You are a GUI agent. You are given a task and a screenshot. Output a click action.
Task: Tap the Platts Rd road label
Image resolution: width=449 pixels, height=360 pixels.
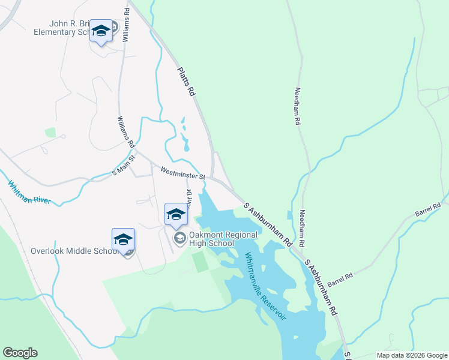click(187, 82)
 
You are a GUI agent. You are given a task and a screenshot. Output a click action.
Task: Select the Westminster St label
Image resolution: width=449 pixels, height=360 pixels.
click(182, 173)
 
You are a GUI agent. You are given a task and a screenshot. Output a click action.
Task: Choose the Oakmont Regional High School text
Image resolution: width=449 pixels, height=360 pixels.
click(218, 238)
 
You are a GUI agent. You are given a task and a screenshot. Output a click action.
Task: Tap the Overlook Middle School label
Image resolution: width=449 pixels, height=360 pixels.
click(74, 250)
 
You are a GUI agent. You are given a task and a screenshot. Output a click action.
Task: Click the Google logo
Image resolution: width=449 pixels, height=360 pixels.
click(20, 353)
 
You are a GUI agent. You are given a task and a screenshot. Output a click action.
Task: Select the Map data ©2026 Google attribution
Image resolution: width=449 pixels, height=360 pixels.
click(412, 355)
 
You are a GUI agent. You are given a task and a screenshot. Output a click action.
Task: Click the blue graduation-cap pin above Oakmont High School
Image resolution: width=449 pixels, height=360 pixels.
click(176, 214)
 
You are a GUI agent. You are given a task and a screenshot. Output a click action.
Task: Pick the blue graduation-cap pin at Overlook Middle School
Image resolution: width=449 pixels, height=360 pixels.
click(123, 239)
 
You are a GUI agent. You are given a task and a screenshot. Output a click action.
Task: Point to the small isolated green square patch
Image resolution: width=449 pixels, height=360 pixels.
click(50, 132)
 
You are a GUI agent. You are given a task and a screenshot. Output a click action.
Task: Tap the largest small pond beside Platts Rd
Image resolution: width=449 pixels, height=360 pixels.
click(185, 144)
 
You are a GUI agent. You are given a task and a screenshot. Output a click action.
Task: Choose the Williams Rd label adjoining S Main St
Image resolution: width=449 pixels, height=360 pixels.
click(126, 132)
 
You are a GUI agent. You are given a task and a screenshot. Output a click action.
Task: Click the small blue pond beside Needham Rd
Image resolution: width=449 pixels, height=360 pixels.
click(291, 215)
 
